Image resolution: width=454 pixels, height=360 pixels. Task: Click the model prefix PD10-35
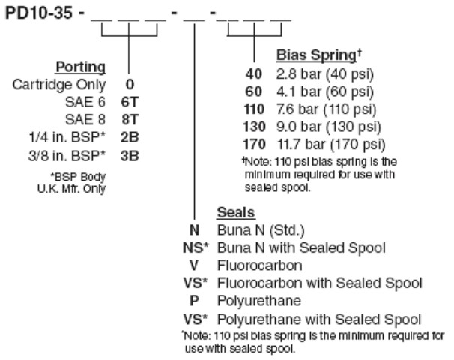39,13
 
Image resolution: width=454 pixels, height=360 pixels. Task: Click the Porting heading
80,67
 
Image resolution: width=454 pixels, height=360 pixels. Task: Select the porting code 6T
130,102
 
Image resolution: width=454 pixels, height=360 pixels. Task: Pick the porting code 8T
130,120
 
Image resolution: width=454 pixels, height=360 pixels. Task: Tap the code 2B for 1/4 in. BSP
130,137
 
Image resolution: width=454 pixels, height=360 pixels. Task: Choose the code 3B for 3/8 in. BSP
130,156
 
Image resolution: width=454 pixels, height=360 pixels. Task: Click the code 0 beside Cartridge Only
130,84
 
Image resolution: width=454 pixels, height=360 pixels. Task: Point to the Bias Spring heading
319,55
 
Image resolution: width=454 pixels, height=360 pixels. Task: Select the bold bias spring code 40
254,74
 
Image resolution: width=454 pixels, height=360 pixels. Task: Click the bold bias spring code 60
254,91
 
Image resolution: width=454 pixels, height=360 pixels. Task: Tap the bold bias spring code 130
254,127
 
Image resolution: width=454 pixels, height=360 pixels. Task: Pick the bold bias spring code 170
254,144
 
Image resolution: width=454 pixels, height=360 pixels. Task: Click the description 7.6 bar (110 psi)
327,109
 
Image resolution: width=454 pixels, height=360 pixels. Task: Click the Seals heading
236,212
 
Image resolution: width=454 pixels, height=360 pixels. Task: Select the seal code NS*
196,247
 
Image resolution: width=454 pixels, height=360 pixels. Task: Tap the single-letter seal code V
194,265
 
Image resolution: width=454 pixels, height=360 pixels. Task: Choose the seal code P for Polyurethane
194,301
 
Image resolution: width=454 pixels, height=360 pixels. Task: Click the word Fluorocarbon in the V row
260,265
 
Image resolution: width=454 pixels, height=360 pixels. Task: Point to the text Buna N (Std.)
261,230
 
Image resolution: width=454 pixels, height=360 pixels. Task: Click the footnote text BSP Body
78,177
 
